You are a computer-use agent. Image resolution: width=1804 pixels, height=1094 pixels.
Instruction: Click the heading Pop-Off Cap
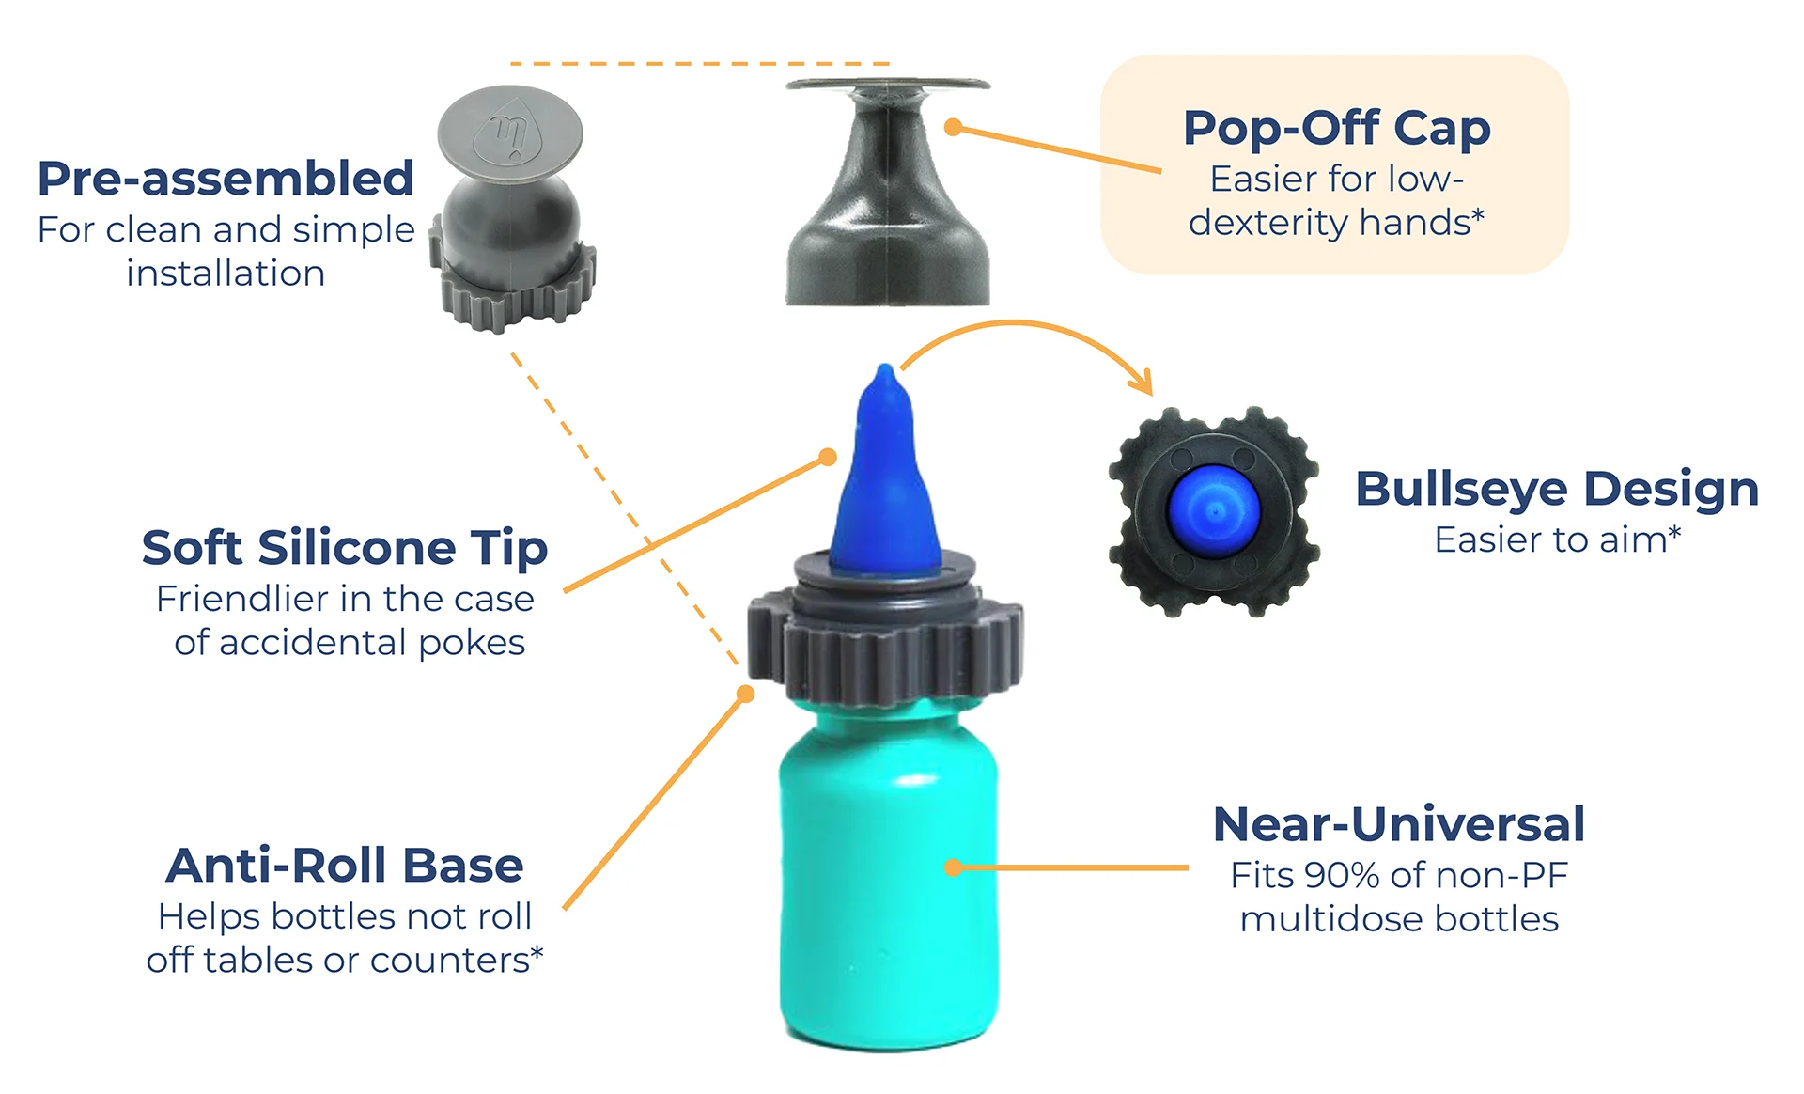click(1336, 128)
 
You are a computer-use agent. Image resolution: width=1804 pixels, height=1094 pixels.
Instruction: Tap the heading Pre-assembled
click(225, 178)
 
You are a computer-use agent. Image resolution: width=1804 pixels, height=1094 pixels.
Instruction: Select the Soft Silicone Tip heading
click(345, 547)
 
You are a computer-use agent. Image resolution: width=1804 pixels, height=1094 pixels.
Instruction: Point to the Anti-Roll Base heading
click(345, 865)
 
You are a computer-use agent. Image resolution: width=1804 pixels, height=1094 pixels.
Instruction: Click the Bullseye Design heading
click(1557, 490)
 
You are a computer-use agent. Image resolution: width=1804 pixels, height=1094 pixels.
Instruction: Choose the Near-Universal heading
click(1399, 824)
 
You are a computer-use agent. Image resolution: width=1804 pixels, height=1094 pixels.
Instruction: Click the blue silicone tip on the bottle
click(884, 475)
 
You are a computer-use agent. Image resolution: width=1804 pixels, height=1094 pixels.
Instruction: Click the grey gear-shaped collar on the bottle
click(885, 639)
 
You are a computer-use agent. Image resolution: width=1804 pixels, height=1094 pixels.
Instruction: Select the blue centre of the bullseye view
click(1214, 511)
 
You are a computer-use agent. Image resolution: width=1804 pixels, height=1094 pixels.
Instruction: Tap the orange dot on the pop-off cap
click(953, 126)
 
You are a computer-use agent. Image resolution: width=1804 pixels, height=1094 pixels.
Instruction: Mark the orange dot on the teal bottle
click(953, 867)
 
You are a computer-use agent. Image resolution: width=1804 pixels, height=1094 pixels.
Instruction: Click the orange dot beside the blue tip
click(827, 457)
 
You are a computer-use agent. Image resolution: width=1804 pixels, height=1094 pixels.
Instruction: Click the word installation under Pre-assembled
click(225, 273)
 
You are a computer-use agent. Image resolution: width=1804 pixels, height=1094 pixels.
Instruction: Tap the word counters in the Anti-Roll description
click(450, 961)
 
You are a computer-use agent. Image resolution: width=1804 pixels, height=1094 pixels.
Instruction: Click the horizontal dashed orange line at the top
click(700, 64)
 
